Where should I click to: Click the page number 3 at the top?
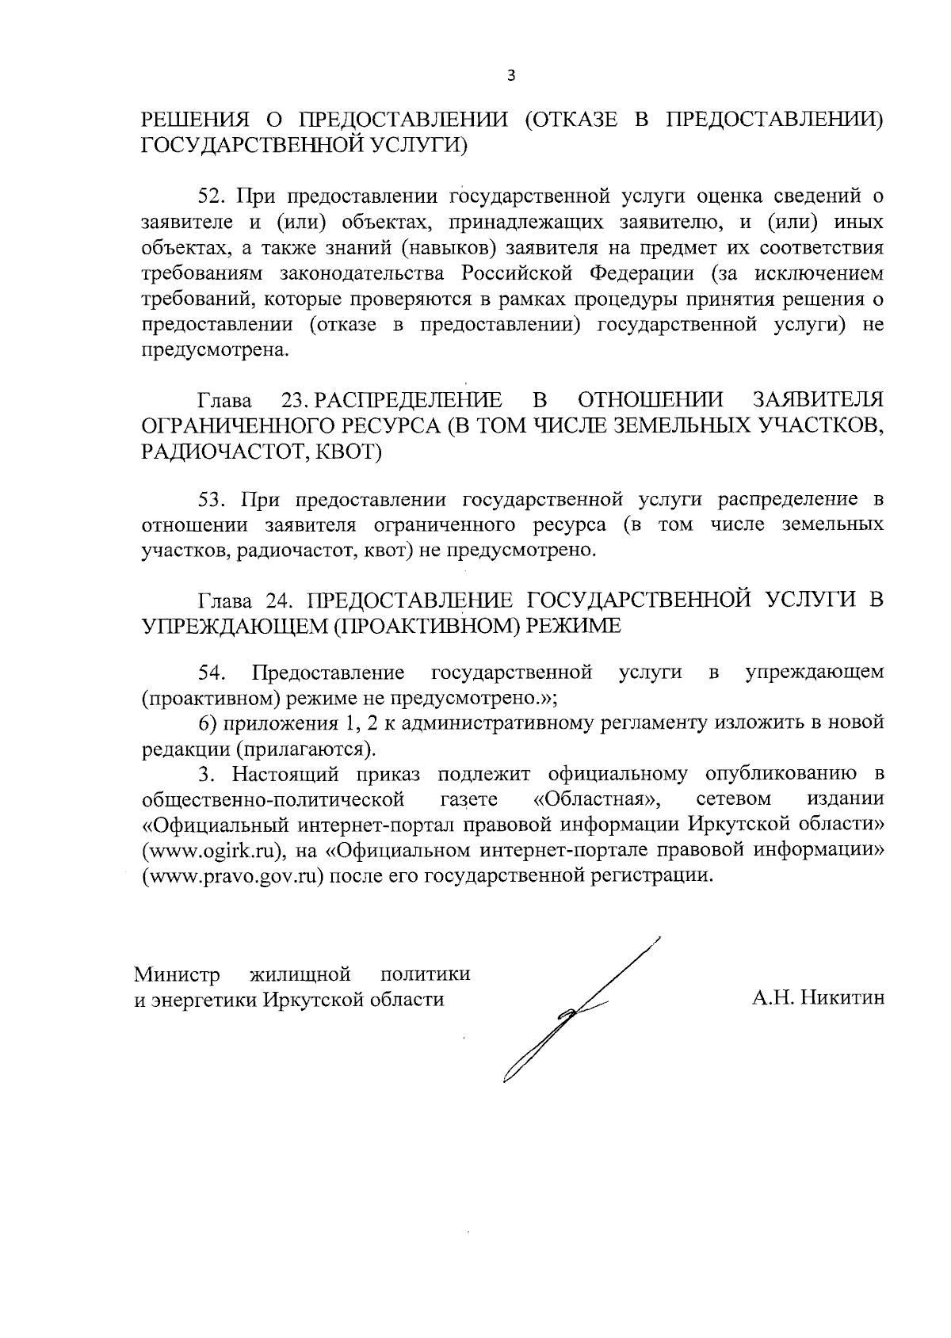(510, 76)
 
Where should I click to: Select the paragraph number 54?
(212, 673)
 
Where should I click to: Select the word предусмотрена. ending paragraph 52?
(215, 351)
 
